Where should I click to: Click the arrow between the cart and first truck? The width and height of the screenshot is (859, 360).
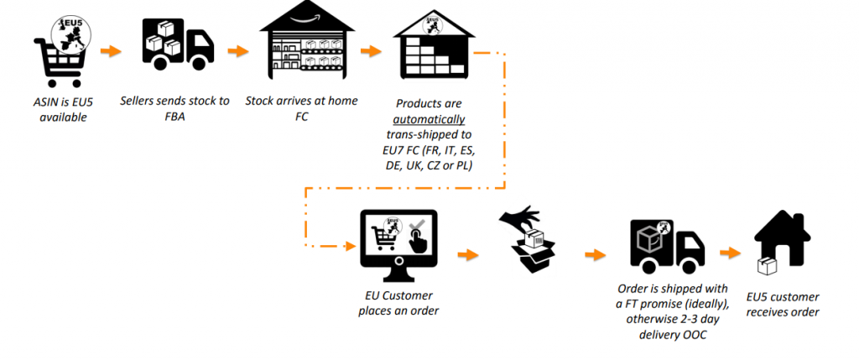pyautogui.click(x=110, y=51)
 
